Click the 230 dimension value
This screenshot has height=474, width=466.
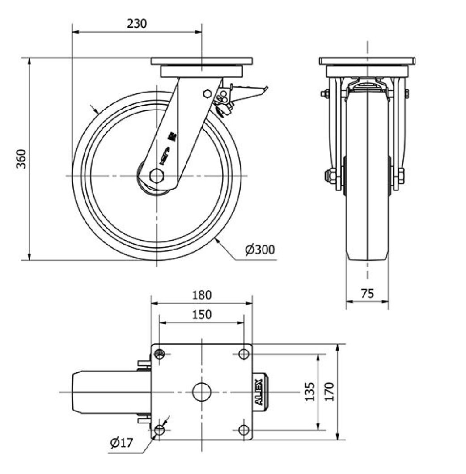(136, 24)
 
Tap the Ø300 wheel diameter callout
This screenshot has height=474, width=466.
(260, 250)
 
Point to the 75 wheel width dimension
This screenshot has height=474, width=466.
(367, 293)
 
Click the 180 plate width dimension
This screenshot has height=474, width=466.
(202, 295)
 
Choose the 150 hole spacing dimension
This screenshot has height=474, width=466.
(202, 314)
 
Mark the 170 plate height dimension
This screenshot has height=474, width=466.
(330, 391)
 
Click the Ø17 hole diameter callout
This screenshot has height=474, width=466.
(122, 443)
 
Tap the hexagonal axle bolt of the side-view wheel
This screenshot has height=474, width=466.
(157, 176)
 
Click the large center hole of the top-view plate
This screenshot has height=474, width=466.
(202, 392)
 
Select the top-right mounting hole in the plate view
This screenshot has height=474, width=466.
(244, 354)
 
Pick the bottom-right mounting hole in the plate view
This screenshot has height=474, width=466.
(244, 430)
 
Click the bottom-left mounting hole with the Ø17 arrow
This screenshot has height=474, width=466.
(159, 430)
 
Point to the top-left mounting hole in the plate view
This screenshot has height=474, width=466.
(159, 354)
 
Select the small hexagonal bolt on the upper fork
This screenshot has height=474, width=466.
(207, 93)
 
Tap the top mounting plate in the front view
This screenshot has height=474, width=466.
(367, 61)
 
